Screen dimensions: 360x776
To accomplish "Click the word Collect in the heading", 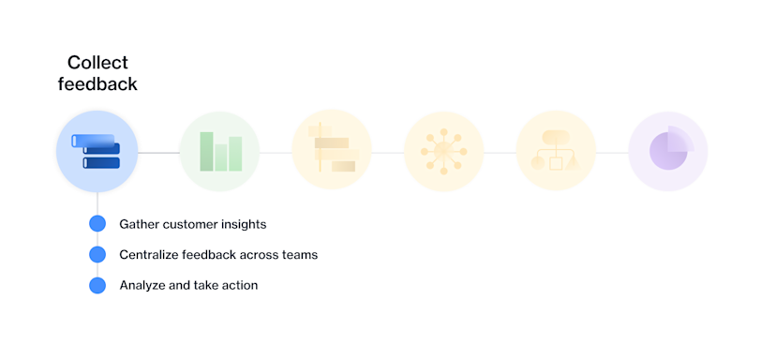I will pos(97,63).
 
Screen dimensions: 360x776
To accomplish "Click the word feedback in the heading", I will pos(97,84).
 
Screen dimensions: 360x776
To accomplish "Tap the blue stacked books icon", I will pos(97,151).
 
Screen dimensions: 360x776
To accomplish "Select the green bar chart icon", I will pos(219,151).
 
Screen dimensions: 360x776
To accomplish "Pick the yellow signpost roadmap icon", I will pos(332,151).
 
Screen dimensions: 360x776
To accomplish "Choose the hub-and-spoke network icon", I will pos(443,151).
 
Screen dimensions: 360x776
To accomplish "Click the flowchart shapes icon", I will pos(556,151).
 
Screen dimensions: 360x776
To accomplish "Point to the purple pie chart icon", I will pos(668,151).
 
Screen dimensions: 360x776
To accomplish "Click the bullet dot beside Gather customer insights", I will pos(97,224).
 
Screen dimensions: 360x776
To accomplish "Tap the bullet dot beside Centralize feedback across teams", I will pos(97,254).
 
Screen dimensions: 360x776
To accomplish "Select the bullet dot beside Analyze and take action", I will pos(97,285).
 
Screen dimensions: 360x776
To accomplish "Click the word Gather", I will pos(140,224).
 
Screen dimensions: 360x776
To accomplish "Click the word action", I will pos(238,285).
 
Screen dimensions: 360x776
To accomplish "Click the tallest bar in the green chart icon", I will pos(207,151).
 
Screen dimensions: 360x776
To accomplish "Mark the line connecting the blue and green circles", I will pos(159,152).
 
